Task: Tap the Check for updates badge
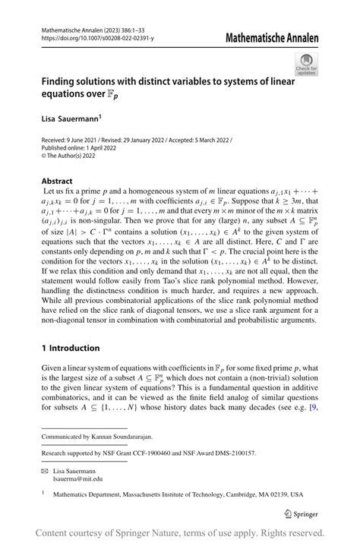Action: (307, 65)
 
